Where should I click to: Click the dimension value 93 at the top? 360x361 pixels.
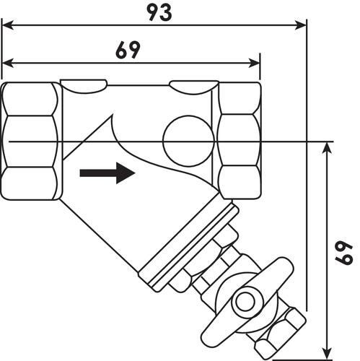(159, 12)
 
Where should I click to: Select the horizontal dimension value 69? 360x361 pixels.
(128, 50)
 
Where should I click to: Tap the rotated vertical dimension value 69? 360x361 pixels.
(344, 253)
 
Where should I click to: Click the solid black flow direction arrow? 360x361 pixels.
(107, 173)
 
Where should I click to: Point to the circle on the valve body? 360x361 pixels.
(188, 142)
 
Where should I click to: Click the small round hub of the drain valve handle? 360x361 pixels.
(244, 303)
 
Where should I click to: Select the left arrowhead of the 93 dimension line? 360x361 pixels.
(7, 25)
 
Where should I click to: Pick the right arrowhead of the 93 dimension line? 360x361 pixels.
(300, 25)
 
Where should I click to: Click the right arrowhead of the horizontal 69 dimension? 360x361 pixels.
(254, 63)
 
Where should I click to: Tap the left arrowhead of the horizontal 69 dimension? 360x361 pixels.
(7, 63)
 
